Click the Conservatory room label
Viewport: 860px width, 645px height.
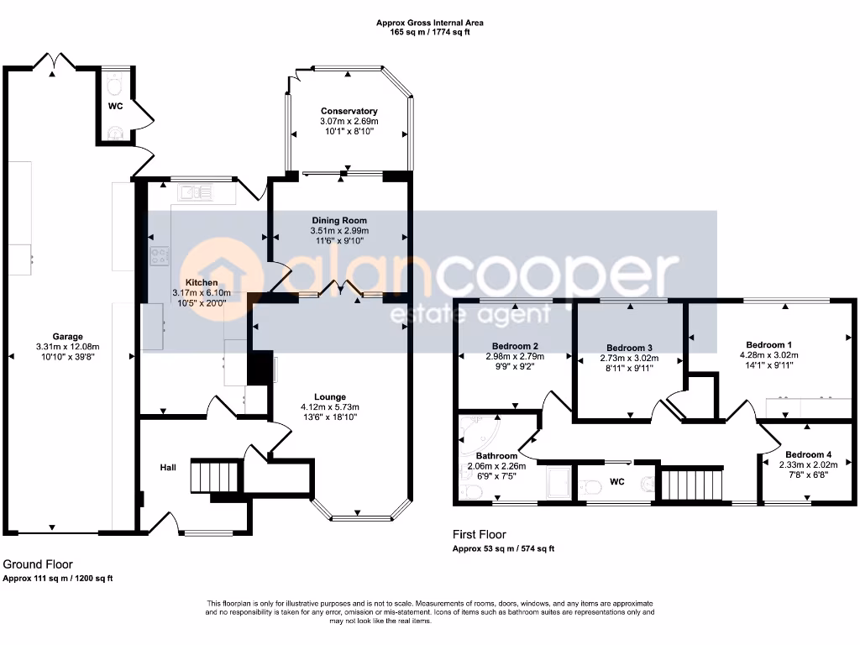pos(349,112)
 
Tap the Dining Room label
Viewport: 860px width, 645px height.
pos(339,221)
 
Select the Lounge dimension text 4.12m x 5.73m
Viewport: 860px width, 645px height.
pos(329,407)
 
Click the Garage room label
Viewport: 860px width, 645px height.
pos(67,337)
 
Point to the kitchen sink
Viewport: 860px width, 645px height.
pos(195,192)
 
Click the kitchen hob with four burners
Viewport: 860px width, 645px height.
pos(160,256)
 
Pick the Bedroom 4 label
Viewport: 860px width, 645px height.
pos(808,454)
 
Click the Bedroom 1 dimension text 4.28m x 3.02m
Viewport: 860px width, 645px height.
pos(769,355)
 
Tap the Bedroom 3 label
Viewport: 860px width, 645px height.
pos(629,348)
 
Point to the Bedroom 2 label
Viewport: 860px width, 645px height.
pos(515,346)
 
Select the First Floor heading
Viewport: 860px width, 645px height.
pos(480,534)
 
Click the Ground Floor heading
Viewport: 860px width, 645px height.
pos(38,564)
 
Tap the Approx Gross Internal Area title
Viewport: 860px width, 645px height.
pos(429,23)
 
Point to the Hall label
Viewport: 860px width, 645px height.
pos(168,467)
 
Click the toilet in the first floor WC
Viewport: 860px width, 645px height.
pos(591,486)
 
